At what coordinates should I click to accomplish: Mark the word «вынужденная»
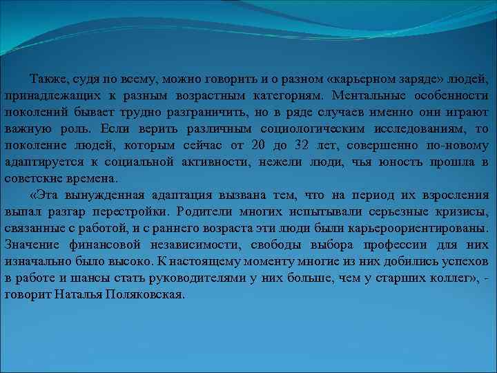click(100, 195)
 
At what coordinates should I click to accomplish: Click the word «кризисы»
click(462, 212)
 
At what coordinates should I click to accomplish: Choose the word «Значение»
click(31, 245)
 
